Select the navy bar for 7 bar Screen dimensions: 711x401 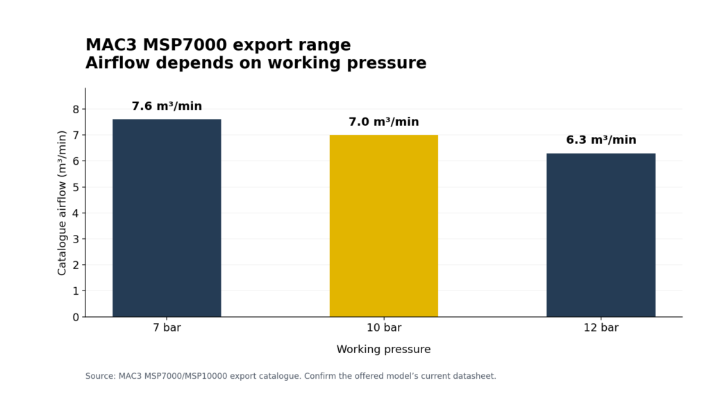click(167, 218)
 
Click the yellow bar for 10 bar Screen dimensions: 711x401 click(383, 225)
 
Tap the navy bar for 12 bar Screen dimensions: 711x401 click(601, 235)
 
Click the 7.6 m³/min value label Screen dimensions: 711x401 click(167, 106)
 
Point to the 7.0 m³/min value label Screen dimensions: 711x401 click(383, 122)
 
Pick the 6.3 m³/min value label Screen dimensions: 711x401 click(601, 140)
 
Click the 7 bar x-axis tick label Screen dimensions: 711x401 click(167, 327)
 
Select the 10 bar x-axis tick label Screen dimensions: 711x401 click(383, 327)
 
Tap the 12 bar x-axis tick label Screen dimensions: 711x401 click(601, 327)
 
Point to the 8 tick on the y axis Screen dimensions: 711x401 click(76, 109)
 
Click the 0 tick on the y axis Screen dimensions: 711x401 click(76, 317)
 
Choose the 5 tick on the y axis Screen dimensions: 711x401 click(76, 188)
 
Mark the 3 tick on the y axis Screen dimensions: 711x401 click(76, 239)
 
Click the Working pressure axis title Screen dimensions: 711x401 click(383, 350)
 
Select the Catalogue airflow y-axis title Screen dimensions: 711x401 click(62, 203)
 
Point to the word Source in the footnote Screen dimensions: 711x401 click(99, 376)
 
